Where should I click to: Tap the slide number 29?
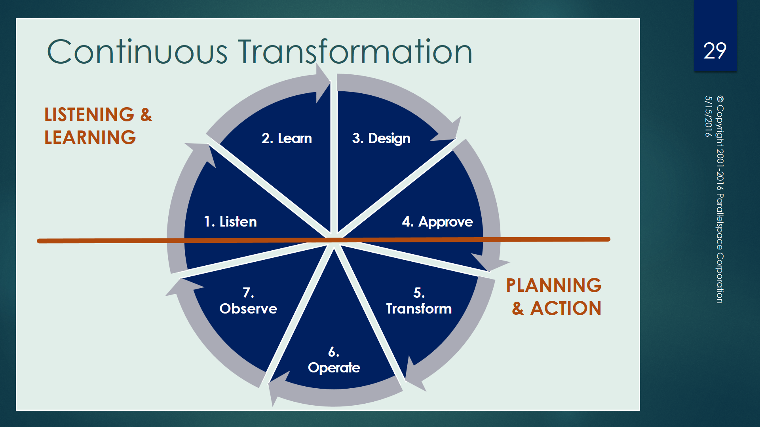pyautogui.click(x=715, y=51)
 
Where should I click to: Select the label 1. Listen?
pyautogui.click(x=230, y=222)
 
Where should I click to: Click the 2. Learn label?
pyautogui.click(x=287, y=138)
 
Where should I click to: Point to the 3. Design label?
pyautogui.click(x=381, y=138)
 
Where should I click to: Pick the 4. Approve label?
pyautogui.click(x=437, y=222)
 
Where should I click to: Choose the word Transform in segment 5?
pyautogui.click(x=419, y=309)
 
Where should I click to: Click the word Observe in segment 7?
pyautogui.click(x=248, y=309)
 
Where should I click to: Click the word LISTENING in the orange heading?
pyautogui.click(x=89, y=115)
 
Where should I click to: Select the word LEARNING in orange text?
pyautogui.click(x=90, y=138)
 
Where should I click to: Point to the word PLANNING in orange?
pyautogui.click(x=554, y=285)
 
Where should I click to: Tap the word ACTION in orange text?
pyautogui.click(x=566, y=308)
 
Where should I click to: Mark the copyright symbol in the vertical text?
pyautogui.click(x=720, y=99)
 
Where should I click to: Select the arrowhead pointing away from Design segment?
pyautogui.click(x=448, y=130)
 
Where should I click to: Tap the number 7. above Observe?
pyautogui.click(x=248, y=293)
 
